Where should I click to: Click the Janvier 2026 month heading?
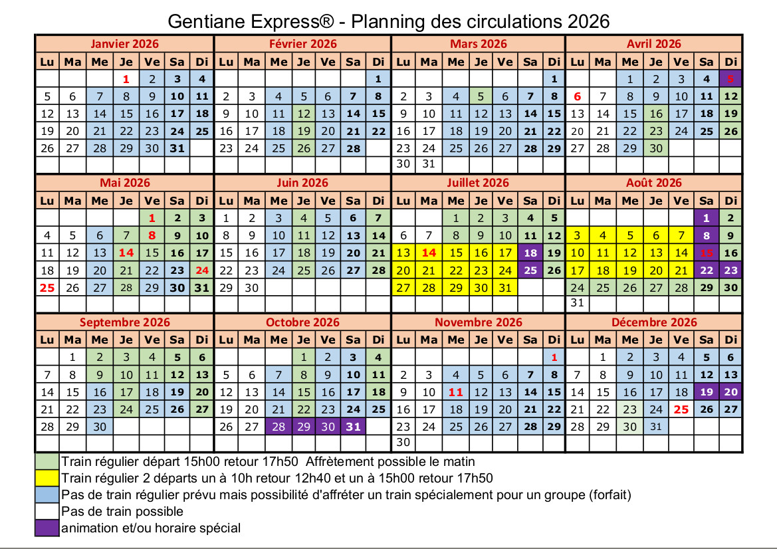coord(125,44)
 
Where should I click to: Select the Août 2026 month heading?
coord(654,183)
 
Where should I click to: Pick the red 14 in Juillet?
coord(429,253)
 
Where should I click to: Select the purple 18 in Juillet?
coord(530,253)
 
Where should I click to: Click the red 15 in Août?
coord(706,253)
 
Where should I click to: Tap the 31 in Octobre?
coord(354,427)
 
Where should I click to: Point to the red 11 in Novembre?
coord(455,392)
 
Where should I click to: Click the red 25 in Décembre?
coord(681,409)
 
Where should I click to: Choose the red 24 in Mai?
coord(202,271)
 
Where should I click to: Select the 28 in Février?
coord(354,148)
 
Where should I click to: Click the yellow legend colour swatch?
coord(47,478)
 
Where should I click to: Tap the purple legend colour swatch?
coord(47,528)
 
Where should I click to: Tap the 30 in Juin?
coord(252,288)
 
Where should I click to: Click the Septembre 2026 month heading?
coord(125,322)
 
